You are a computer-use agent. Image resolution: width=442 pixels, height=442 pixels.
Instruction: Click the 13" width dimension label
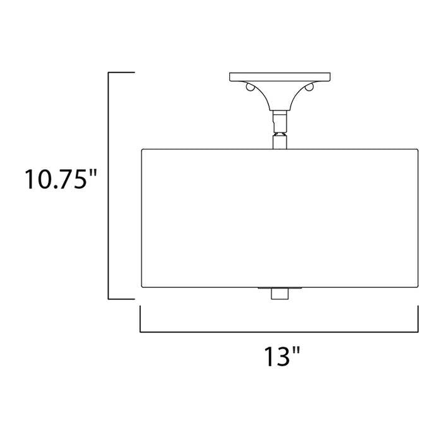278,359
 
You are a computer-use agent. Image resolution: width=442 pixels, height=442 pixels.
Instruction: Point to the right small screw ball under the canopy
310,87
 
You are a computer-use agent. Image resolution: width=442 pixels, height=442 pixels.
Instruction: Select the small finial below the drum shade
278,293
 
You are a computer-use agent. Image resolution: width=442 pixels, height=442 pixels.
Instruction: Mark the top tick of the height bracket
121,73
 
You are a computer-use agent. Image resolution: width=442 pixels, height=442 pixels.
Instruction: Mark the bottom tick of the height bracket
121,299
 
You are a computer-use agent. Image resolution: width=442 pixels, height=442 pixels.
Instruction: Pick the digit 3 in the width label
282,359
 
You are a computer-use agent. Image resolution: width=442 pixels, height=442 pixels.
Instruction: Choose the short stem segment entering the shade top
278,142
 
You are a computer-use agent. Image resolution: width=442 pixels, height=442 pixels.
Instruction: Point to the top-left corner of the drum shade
141,150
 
